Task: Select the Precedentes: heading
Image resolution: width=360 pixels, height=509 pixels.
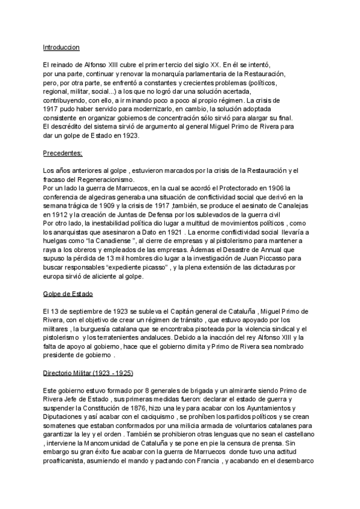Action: (63, 153)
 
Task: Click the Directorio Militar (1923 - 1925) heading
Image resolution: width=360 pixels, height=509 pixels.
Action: (88, 373)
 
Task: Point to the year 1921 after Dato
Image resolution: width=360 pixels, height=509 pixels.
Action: (188, 232)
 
